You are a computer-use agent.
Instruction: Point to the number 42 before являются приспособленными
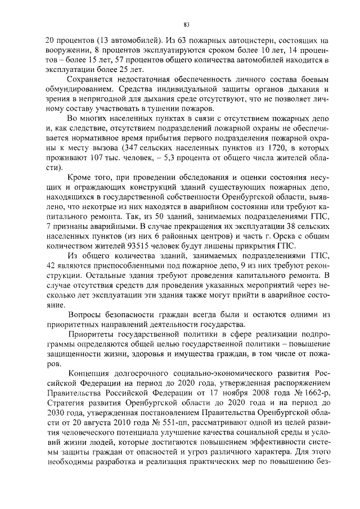[x=51, y=265]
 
